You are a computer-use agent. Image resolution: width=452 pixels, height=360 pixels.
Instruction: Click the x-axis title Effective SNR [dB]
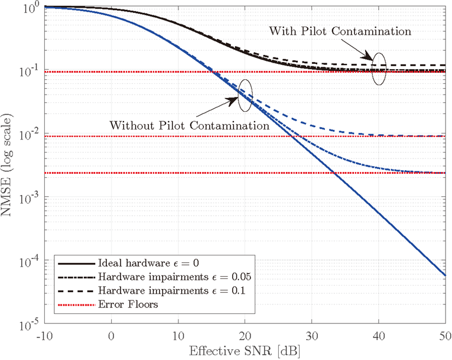(244, 351)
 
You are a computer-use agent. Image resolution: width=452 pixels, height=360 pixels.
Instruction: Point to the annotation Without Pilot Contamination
(190, 125)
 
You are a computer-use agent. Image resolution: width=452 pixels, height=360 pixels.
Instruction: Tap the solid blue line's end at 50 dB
(443, 275)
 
